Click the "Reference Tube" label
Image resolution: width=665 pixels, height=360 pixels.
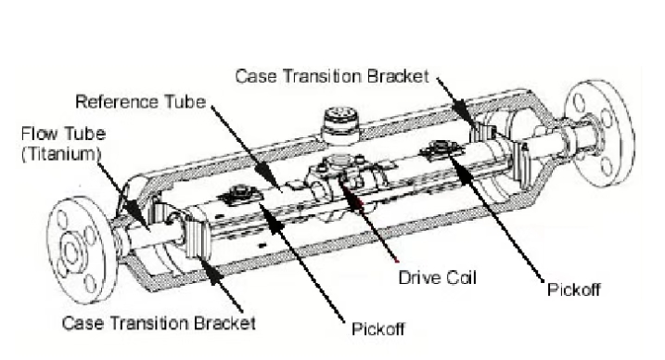click(140, 102)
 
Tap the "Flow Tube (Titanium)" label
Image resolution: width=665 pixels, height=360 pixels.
click(63, 144)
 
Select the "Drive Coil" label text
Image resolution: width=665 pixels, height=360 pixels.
click(438, 277)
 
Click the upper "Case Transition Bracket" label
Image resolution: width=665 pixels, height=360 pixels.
click(332, 77)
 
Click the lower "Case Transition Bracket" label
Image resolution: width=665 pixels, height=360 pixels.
click(159, 323)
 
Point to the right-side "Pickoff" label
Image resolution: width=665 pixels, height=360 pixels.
click(574, 289)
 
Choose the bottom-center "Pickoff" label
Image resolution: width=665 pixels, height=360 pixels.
click(378, 328)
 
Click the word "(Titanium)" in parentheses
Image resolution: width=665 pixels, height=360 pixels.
click(61, 153)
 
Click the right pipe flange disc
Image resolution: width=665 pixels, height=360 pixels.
click(601, 133)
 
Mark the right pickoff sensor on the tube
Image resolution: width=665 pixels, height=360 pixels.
click(441, 148)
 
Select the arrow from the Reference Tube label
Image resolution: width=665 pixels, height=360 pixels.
click(245, 148)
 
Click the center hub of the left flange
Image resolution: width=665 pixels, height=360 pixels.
click(70, 253)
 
